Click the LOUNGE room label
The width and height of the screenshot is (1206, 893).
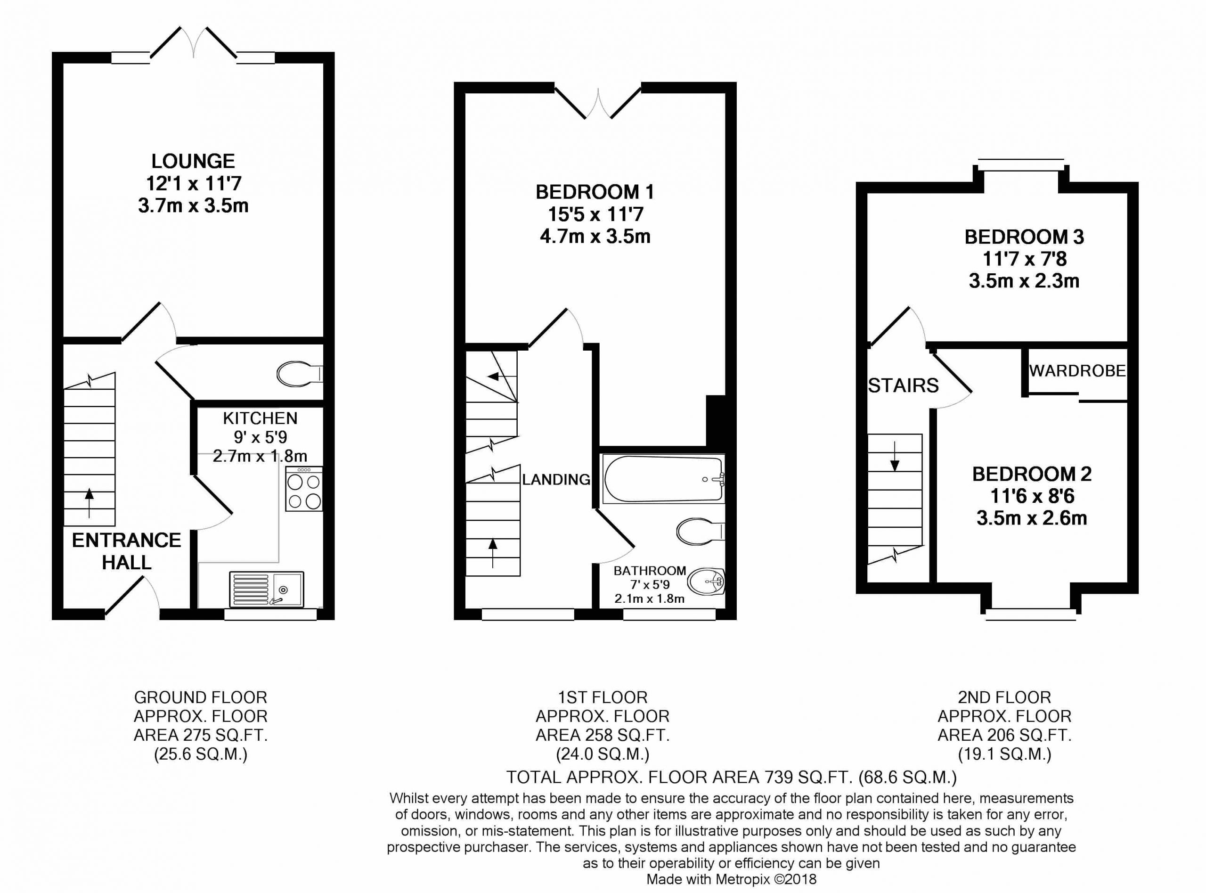[x=193, y=161]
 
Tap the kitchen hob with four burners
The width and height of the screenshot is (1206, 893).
[x=304, y=489]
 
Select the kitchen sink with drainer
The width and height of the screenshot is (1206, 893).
[x=266, y=589]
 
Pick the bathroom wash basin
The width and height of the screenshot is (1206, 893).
[x=706, y=582]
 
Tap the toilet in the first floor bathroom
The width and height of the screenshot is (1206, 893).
[x=700, y=531]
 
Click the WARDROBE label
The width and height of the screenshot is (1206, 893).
[x=1077, y=371]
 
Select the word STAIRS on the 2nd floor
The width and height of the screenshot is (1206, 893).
[x=904, y=385]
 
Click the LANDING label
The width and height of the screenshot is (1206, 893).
[x=556, y=479]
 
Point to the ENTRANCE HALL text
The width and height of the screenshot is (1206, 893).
[x=126, y=551]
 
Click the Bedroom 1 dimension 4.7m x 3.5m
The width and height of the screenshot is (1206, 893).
[x=595, y=237]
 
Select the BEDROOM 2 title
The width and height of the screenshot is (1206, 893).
[x=1032, y=474]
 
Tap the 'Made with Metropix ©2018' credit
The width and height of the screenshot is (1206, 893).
[x=732, y=879]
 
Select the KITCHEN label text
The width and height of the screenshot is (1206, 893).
[x=260, y=418]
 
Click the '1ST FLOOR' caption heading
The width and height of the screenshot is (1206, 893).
[x=603, y=697]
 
